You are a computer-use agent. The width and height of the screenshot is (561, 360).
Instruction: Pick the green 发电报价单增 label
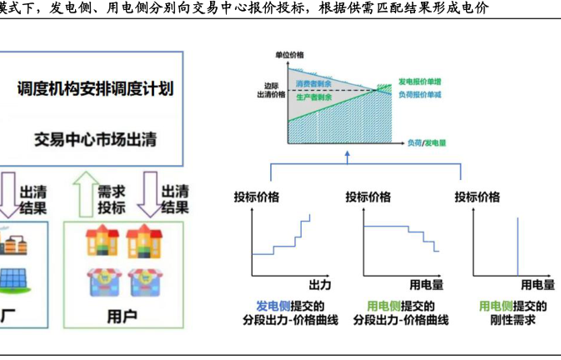point(421,85)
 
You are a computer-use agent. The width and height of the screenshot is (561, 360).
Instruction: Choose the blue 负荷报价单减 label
point(421,97)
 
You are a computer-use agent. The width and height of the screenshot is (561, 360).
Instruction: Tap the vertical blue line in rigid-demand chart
point(517,246)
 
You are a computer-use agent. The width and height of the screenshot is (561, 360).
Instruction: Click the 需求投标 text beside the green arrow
point(111,199)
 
